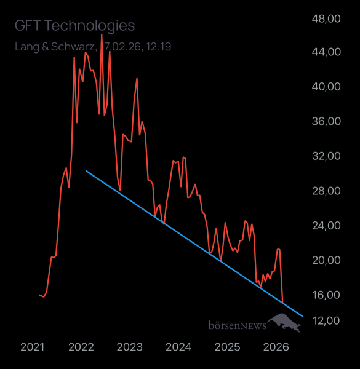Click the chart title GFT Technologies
pos(74,25)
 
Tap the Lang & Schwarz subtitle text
pos(93,46)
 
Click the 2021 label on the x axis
pos(33,347)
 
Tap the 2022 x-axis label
pos(81,347)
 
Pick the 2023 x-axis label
pos(130,347)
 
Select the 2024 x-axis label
pos(178,347)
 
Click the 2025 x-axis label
pos(227,347)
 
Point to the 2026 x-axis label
pos(276,347)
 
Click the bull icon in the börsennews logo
pos(287,322)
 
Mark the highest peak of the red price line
pos(102,35)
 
